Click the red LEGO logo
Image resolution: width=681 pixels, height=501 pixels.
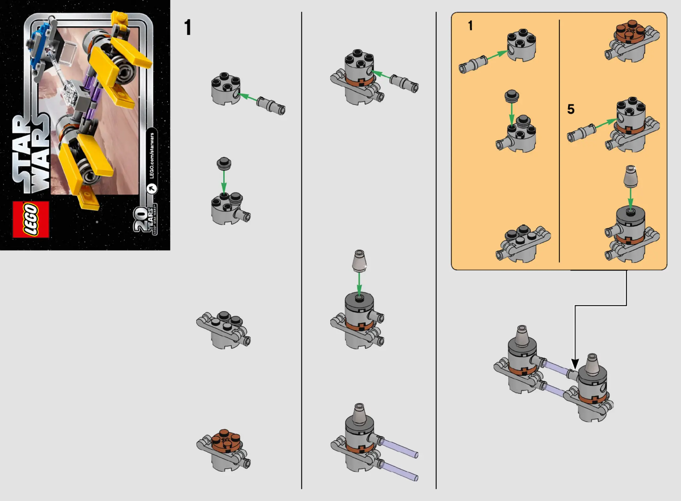tap(31, 219)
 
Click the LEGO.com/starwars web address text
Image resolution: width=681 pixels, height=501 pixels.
tap(152, 155)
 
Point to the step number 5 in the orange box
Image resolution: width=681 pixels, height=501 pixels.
tap(571, 109)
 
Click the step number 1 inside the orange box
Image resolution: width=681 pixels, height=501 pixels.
tap(470, 25)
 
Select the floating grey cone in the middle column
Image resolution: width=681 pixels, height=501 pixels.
tap(359, 261)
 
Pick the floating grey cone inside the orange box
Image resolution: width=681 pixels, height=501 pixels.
tap(630, 176)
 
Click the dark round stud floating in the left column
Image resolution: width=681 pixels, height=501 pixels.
tap(224, 163)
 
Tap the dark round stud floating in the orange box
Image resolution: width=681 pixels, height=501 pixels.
tap(512, 96)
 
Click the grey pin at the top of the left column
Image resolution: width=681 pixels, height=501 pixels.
tap(271, 105)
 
